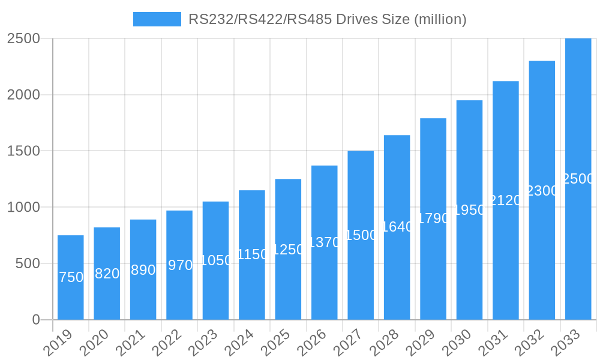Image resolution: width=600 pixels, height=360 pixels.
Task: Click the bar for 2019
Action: pyautogui.click(x=71, y=277)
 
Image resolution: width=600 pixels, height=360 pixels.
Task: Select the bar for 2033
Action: pyautogui.click(x=578, y=179)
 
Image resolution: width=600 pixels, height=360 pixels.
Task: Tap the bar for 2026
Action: pyautogui.click(x=325, y=242)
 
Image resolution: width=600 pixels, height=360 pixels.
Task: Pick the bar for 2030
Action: pyautogui.click(x=469, y=210)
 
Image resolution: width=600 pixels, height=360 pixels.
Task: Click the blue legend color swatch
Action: pyautogui.click(x=157, y=19)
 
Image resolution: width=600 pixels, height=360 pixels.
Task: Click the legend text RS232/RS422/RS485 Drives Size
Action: pyautogui.click(x=327, y=19)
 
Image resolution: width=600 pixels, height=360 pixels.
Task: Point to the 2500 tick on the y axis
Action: pyautogui.click(x=23, y=38)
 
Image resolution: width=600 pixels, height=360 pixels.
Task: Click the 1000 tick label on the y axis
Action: pyautogui.click(x=23, y=207)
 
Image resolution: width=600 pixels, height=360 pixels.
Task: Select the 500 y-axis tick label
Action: pyautogui.click(x=28, y=263)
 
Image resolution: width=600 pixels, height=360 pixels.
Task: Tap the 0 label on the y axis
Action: pyautogui.click(x=36, y=320)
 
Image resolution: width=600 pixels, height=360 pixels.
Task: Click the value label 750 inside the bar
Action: pyautogui.click(x=71, y=277)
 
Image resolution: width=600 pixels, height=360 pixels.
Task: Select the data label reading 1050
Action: pyautogui.click(x=216, y=260)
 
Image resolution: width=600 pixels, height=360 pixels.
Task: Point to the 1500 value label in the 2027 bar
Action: pyautogui.click(x=361, y=235)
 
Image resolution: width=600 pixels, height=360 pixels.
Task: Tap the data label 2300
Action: pyautogui.click(x=542, y=191)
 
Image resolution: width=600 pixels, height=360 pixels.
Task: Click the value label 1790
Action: pyautogui.click(x=433, y=218)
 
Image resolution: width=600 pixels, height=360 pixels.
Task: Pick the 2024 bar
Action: pyautogui.click(x=252, y=254)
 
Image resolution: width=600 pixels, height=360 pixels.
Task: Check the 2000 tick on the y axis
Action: pyautogui.click(x=23, y=95)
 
